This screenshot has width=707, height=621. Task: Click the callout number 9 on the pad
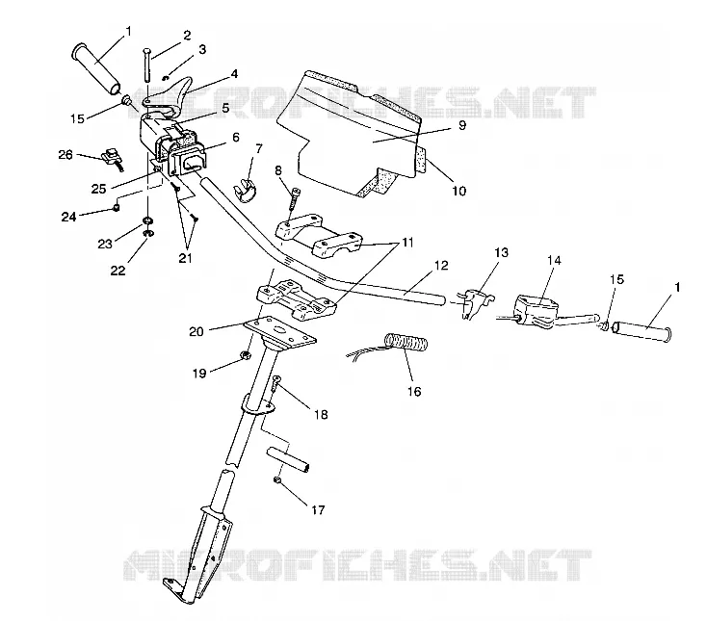(x=461, y=125)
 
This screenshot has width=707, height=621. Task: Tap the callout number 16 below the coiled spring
(x=414, y=391)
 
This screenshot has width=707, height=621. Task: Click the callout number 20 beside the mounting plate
(x=196, y=331)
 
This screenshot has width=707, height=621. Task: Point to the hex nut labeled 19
(x=246, y=355)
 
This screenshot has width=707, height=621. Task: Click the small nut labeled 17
(x=277, y=480)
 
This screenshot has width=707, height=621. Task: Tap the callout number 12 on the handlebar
(x=441, y=266)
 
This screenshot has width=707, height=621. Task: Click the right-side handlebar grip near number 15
(x=642, y=331)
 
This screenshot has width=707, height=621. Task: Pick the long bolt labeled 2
(x=147, y=65)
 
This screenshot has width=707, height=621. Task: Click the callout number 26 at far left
(x=65, y=155)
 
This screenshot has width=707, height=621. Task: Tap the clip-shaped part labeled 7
(x=246, y=190)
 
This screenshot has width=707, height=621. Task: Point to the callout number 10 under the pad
(x=458, y=191)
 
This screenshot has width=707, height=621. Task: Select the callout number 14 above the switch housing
(x=554, y=261)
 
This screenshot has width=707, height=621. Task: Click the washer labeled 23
(x=147, y=220)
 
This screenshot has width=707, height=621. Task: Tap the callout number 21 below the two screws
(x=185, y=258)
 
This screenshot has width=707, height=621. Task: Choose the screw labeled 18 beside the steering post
(x=275, y=388)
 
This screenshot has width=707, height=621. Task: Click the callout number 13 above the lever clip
(x=502, y=252)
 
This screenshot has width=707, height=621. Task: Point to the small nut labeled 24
(x=117, y=208)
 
